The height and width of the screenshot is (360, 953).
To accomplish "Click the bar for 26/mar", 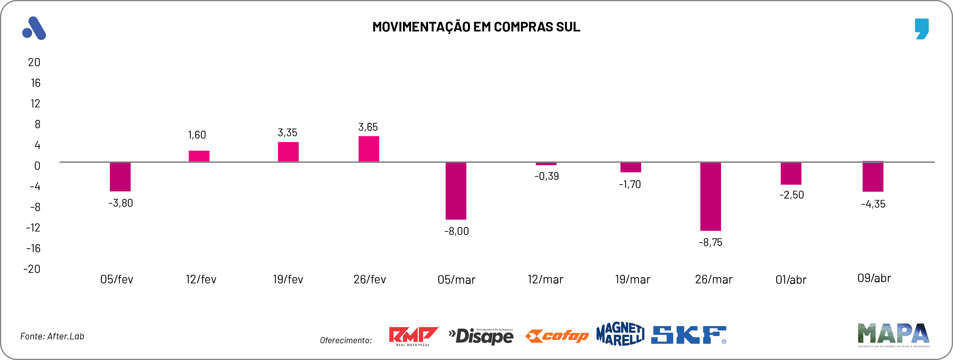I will pos(710,197).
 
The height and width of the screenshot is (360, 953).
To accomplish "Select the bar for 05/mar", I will pos(456,191).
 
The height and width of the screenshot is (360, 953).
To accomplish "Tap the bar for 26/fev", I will pos(368,149).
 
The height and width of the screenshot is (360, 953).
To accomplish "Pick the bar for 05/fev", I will pos(120,177).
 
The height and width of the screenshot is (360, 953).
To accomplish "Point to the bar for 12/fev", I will pos(199,156).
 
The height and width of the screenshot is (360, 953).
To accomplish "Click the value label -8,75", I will pos(710,243).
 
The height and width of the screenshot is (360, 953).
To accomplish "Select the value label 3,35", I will pos(288,132).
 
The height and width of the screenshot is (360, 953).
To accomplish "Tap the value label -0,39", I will pos(547,176).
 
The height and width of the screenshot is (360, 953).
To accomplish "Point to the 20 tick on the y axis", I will pos(34,62).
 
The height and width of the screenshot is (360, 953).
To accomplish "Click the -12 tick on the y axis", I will pos(33,228).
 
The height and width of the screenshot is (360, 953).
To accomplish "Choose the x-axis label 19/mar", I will pos(632,279).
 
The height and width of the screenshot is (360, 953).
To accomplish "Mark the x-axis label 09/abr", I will pos(874,278).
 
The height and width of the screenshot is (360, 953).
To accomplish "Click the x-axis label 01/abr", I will pos(791,280).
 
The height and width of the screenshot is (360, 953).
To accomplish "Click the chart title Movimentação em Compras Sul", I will pos(476,27).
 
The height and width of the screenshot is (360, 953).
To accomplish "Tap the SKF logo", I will pos(689,335).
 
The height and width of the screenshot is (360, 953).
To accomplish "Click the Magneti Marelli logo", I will pos(620,334).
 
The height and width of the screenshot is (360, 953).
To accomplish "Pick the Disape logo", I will pos(481,336).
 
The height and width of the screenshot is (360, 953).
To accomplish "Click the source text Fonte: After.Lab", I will pos(52,336).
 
